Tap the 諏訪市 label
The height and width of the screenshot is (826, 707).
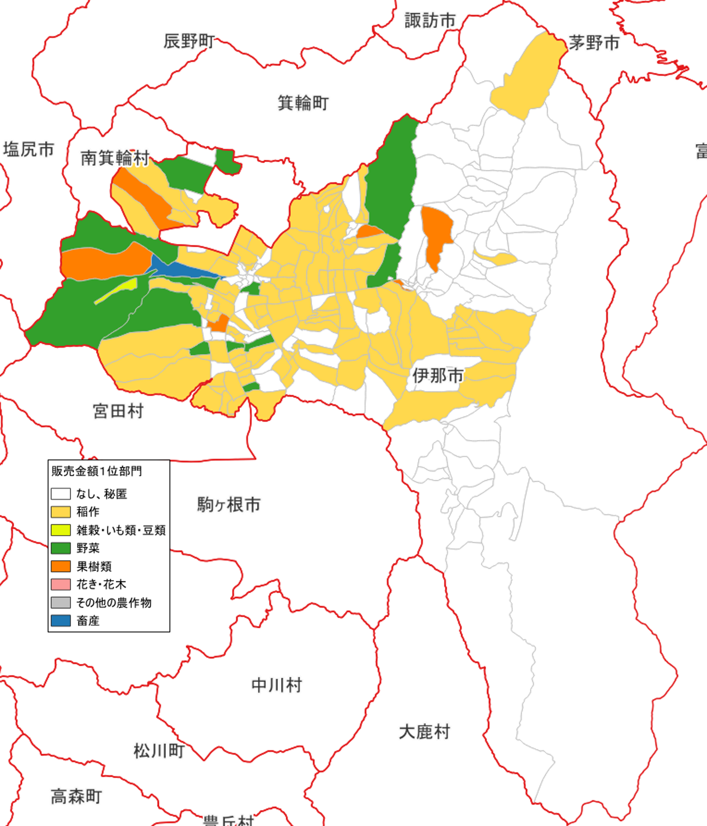pos(430,20)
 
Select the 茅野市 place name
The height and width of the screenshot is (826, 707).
pos(594,43)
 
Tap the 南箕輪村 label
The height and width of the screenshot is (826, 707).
pos(115,158)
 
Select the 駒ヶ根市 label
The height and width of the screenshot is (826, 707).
pos(229,505)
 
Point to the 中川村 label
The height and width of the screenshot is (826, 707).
pos(277,685)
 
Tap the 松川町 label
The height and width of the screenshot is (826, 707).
pos(159,751)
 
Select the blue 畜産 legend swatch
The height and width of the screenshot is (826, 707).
pos(61,621)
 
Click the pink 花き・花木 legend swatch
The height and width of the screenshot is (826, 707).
pos(61,584)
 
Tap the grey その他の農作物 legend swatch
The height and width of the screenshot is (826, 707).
pos(61,602)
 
